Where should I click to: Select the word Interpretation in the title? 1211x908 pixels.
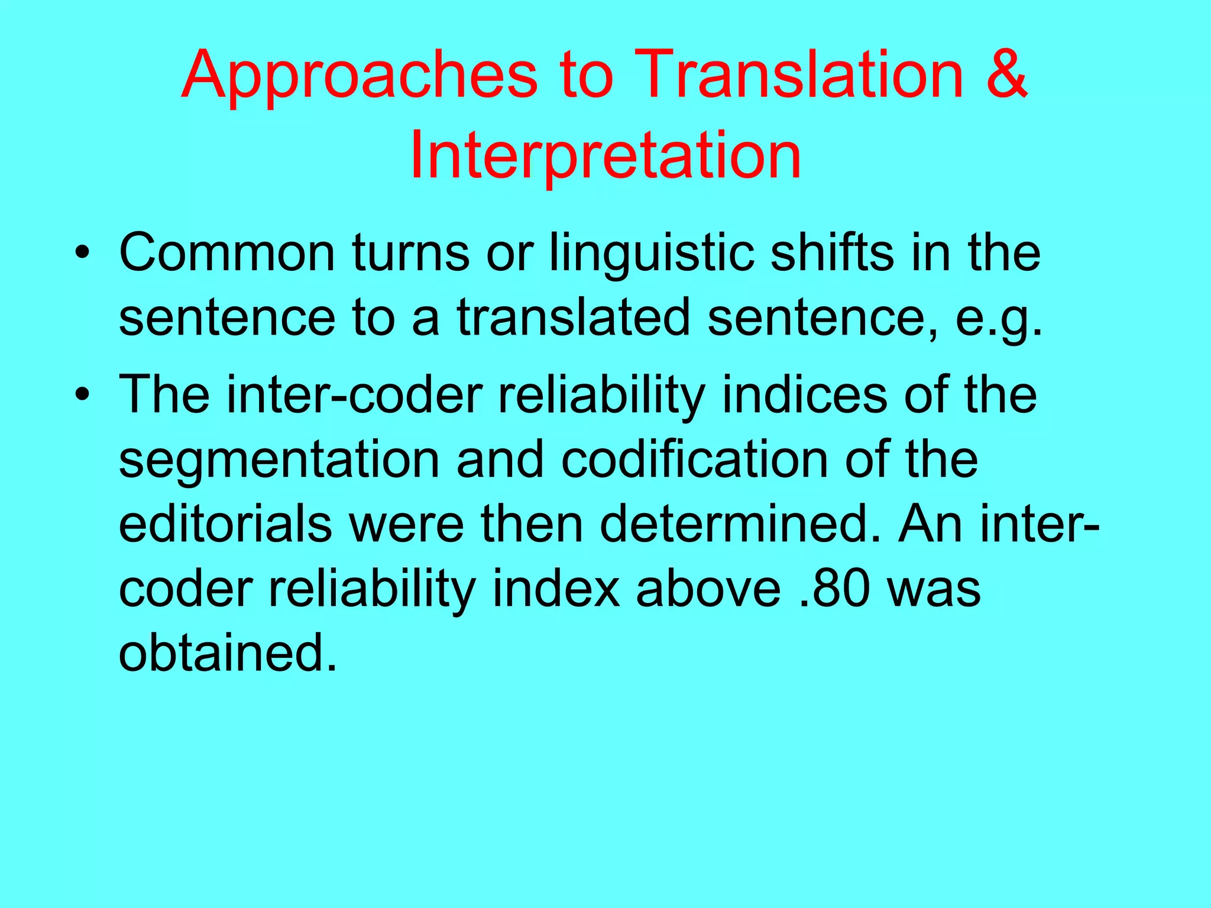pyautogui.click(x=605, y=155)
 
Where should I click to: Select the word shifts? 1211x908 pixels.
pyautogui.click(x=832, y=253)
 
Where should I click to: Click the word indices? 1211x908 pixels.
pyautogui.click(x=805, y=394)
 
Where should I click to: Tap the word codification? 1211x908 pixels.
pyautogui.click(x=694, y=460)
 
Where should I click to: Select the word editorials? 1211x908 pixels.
pyautogui.click(x=225, y=524)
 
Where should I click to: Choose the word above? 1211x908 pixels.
pyautogui.click(x=708, y=589)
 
